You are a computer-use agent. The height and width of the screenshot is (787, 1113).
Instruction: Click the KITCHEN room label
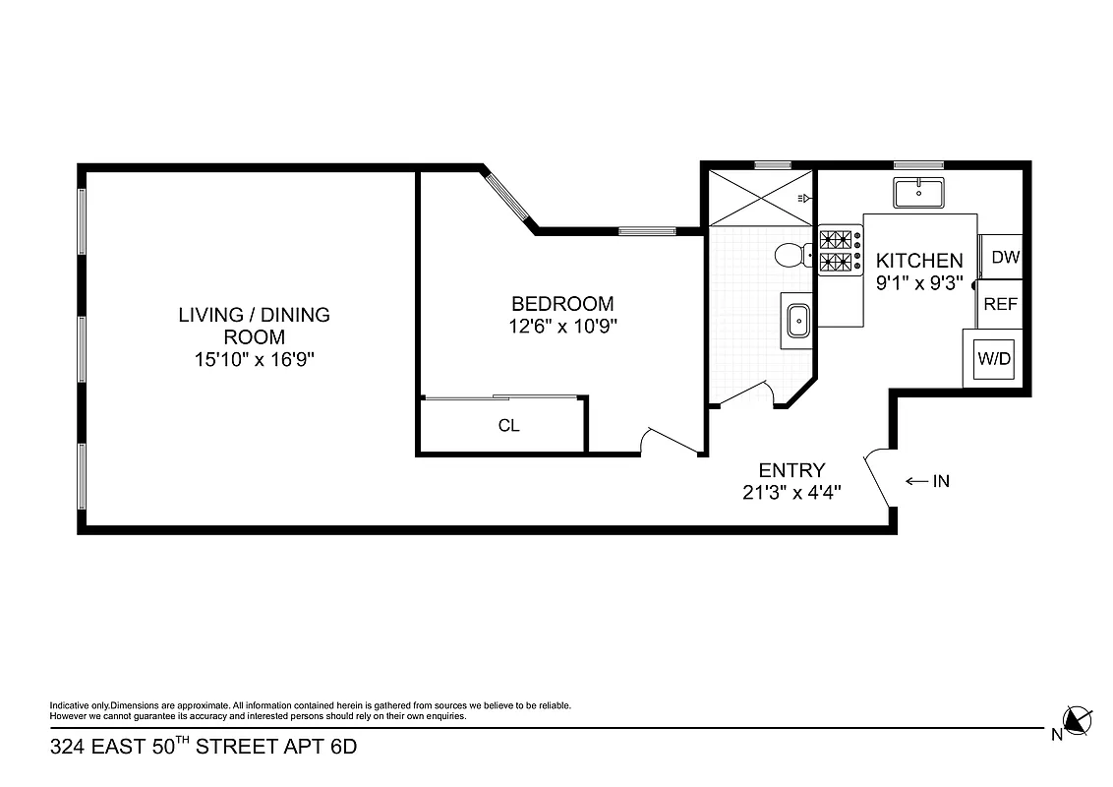click(918, 261)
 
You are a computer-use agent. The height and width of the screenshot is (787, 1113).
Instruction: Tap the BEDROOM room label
click(561, 304)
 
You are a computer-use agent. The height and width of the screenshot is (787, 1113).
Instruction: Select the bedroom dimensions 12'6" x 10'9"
click(561, 327)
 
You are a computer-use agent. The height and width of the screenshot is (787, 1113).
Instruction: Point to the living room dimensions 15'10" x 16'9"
click(254, 360)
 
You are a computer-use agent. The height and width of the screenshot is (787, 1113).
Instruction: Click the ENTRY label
click(791, 470)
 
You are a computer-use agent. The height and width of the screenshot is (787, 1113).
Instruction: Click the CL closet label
click(508, 426)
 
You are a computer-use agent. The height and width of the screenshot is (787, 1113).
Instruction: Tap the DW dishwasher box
click(1005, 258)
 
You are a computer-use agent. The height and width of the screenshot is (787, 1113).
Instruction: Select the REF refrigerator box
click(1001, 304)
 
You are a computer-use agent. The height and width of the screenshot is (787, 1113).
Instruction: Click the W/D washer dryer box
click(993, 359)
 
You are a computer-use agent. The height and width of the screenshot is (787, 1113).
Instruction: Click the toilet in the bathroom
click(790, 256)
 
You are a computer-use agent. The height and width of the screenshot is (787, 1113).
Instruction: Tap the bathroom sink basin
click(798, 320)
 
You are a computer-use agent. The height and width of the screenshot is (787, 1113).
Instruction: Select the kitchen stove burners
click(838, 250)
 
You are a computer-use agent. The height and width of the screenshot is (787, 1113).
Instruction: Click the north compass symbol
click(1078, 720)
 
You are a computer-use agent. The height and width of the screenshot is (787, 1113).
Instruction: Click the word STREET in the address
click(237, 747)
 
